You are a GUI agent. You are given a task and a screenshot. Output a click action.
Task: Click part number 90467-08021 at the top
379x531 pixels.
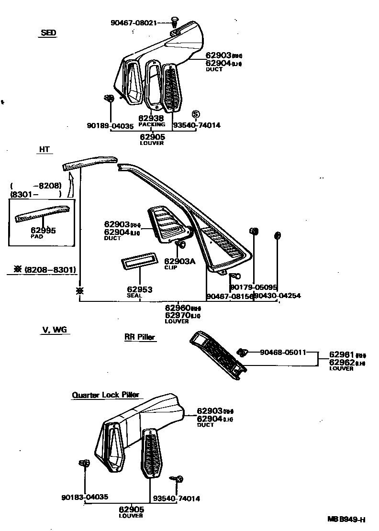[x=133, y=22]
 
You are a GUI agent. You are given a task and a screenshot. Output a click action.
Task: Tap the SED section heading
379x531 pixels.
[x=48, y=33]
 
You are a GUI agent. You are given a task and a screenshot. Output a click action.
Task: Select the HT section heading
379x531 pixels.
[x=44, y=149]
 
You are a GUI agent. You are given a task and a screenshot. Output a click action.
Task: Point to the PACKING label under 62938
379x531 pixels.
[x=152, y=124]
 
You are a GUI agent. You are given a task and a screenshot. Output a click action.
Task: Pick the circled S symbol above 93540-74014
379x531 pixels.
[x=195, y=114]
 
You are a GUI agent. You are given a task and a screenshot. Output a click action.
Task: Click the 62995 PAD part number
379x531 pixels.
[x=44, y=231]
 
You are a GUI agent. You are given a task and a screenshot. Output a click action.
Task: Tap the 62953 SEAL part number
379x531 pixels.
[x=139, y=289]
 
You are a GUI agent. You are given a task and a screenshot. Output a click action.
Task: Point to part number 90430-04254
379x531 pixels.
[x=277, y=296]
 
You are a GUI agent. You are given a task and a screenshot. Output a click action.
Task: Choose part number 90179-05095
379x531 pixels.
[x=254, y=287]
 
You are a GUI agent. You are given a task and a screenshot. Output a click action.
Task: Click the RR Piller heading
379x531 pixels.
[x=140, y=337]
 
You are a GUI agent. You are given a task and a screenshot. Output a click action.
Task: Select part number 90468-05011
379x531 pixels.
[x=283, y=353]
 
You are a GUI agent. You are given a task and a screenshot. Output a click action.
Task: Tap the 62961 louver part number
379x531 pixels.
[x=341, y=355]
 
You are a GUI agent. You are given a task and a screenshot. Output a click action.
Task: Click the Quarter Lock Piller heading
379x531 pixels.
[x=105, y=395]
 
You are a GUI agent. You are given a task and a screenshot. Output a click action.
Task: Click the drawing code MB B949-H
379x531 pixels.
[x=346, y=520]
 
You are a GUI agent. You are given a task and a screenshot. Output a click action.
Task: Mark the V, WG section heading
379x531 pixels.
[x=54, y=330]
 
